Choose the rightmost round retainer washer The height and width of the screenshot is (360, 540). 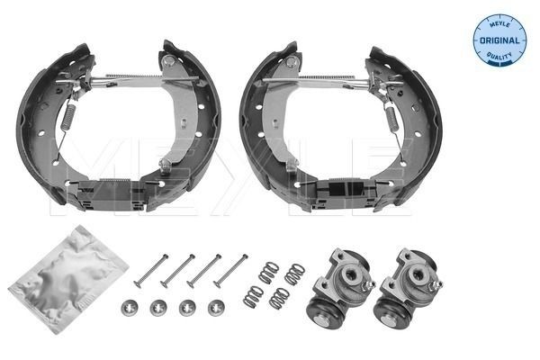[x=216, y=307]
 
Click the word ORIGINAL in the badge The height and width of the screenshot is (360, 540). [x=498, y=39]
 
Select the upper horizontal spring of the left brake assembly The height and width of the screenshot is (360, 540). [x=130, y=76]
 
